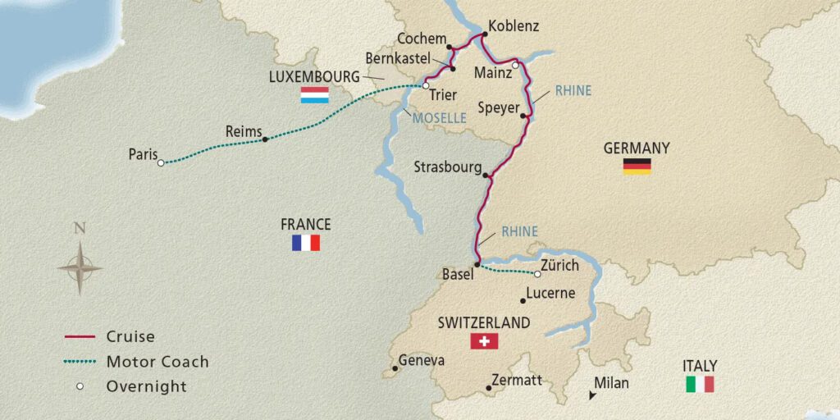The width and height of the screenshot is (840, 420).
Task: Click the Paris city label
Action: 143,154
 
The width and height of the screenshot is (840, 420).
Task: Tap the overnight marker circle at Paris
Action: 161,162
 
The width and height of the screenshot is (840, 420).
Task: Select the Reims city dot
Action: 265,139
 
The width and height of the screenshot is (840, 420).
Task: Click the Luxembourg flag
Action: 314,95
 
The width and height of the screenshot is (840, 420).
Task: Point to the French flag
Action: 306,243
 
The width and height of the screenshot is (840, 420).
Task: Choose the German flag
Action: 637,167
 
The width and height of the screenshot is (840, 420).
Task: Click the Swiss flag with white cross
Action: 484,340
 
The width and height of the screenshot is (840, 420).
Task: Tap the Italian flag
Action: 700,384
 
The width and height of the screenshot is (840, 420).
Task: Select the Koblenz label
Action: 514,26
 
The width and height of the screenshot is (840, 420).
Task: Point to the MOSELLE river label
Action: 439,119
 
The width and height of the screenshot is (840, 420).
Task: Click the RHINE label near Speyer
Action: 573,91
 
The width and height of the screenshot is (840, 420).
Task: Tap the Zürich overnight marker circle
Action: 538,274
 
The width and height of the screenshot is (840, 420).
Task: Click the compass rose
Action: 80,267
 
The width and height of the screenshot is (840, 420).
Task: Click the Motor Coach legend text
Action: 157,362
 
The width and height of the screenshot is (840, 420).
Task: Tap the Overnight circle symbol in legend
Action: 80,386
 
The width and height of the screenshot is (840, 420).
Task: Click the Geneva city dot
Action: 395,369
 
